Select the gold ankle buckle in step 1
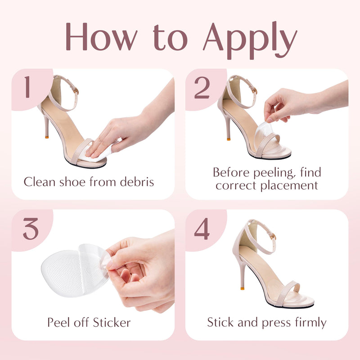point(76,91)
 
